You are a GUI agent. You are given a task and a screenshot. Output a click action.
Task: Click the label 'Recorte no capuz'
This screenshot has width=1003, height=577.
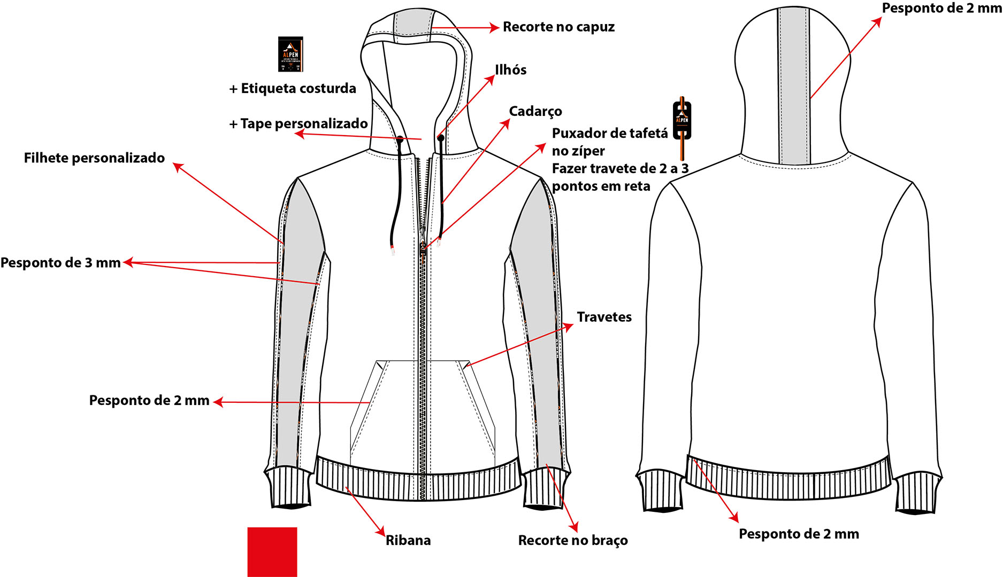click(558, 27)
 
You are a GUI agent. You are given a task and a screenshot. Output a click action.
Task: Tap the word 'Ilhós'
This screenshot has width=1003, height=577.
click(510, 70)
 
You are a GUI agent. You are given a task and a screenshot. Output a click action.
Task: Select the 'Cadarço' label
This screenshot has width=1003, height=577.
click(535, 111)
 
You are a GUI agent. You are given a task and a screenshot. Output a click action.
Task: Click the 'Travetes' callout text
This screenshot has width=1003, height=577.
click(604, 317)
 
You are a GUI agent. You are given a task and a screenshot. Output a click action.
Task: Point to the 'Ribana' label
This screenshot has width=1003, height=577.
click(408, 540)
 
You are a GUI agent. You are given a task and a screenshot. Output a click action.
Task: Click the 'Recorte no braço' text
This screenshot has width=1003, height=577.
click(573, 540)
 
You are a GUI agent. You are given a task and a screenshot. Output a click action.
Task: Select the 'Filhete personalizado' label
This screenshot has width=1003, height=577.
click(94, 158)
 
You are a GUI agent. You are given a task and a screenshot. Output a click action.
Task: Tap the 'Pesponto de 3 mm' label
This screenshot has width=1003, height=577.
click(60, 263)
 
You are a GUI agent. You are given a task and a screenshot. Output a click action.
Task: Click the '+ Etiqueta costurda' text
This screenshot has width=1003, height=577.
click(293, 89)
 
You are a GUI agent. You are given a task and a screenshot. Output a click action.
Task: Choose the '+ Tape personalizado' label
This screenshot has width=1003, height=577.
click(298, 124)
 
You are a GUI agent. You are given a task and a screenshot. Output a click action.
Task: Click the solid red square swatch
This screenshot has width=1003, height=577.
click(272, 552)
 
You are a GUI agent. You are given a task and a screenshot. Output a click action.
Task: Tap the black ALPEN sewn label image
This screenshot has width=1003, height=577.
click(290, 54)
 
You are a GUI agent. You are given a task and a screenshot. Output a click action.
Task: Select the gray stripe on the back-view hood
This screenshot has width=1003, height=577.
click(793, 85)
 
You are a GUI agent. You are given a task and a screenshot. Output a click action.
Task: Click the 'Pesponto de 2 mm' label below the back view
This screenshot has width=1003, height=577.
click(799, 534)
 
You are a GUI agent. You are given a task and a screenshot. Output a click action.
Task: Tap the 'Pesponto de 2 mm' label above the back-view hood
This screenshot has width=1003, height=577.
click(941, 9)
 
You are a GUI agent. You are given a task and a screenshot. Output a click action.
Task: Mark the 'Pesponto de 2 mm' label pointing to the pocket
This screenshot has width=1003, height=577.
click(149, 401)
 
